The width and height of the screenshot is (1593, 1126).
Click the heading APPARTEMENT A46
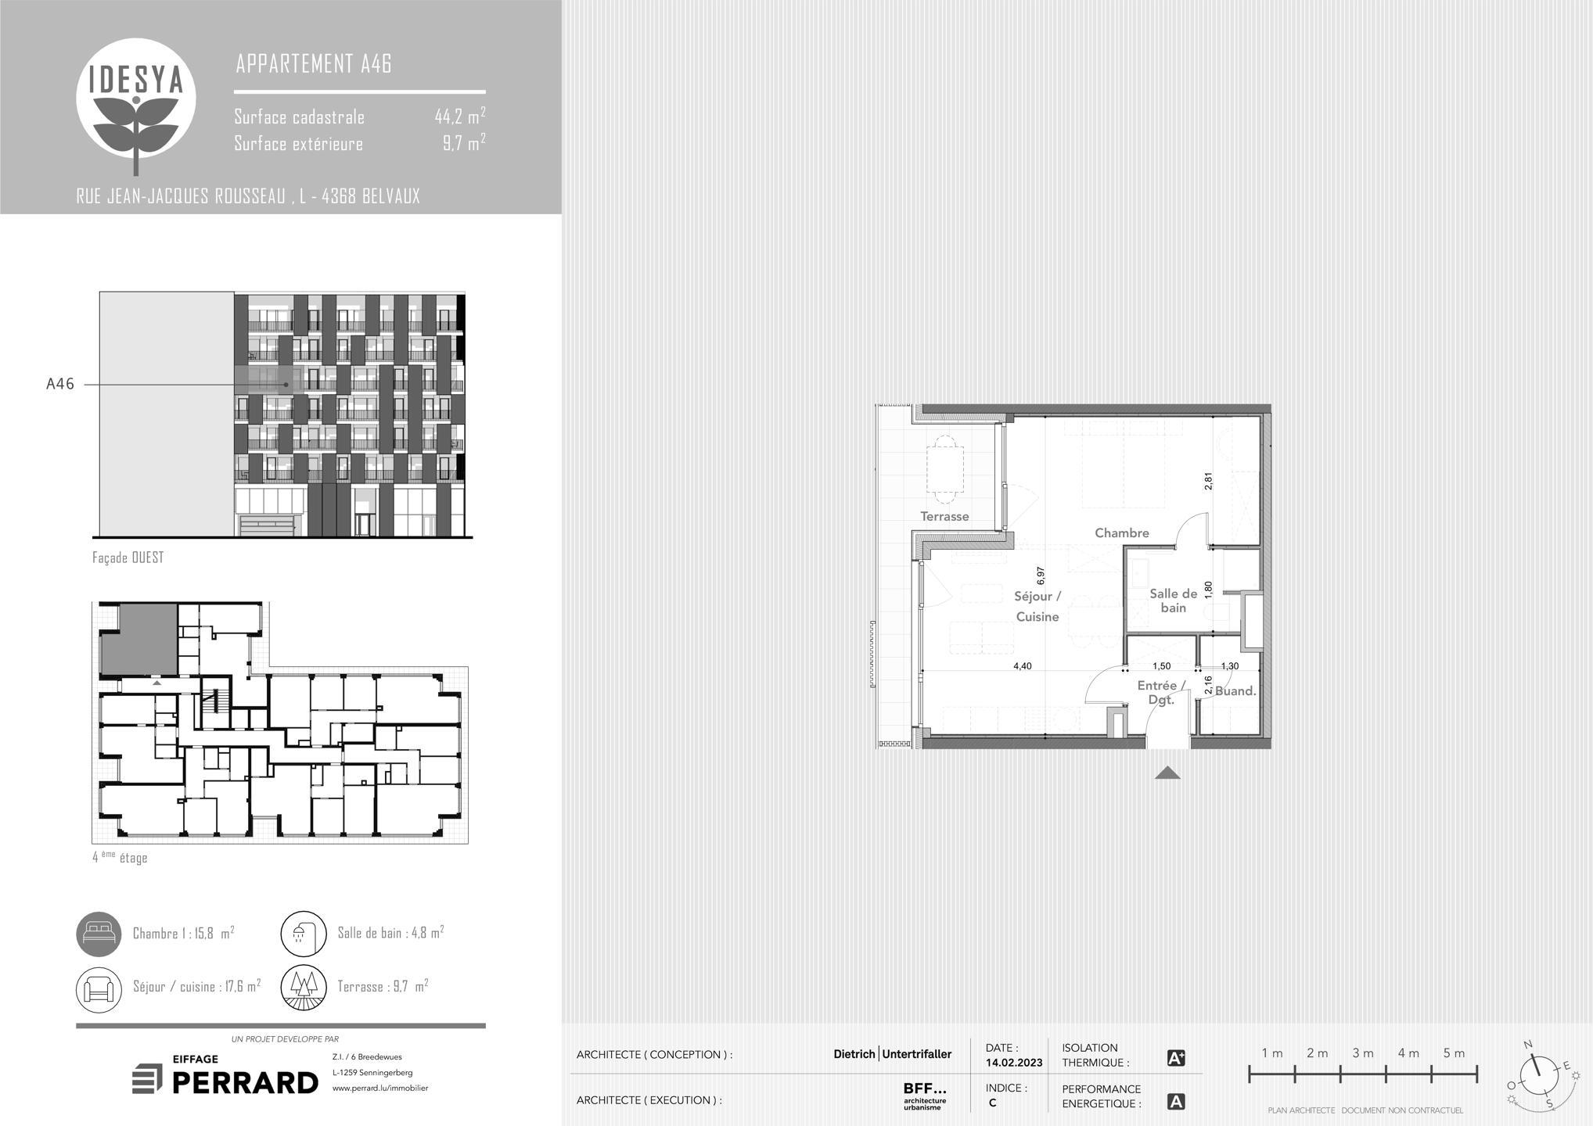click(x=314, y=63)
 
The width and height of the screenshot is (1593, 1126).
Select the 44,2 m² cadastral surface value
click(x=460, y=117)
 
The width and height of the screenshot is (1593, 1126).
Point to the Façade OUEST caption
click(x=128, y=558)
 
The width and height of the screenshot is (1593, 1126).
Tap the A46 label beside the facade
click(x=60, y=384)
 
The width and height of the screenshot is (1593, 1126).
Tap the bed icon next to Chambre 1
click(x=99, y=934)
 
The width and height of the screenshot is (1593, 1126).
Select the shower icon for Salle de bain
click(x=304, y=934)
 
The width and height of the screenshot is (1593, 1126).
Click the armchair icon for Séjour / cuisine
click(x=99, y=988)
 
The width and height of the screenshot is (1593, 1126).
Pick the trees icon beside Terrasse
click(x=304, y=988)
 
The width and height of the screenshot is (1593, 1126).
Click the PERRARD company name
click(x=245, y=1083)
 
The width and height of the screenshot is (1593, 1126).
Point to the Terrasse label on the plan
click(x=944, y=517)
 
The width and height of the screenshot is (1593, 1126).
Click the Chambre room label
click(x=1122, y=533)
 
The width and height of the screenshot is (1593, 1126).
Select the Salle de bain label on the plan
click(x=1173, y=601)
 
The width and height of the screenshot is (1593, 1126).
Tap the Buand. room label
click(x=1235, y=691)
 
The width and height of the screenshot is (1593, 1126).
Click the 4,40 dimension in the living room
click(x=1023, y=666)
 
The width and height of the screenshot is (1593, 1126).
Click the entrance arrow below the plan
click(x=1167, y=773)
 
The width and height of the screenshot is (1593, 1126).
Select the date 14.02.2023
click(x=1014, y=1063)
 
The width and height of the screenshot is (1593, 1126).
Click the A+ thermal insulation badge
click(x=1176, y=1058)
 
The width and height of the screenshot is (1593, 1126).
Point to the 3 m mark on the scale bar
click(x=1363, y=1053)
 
